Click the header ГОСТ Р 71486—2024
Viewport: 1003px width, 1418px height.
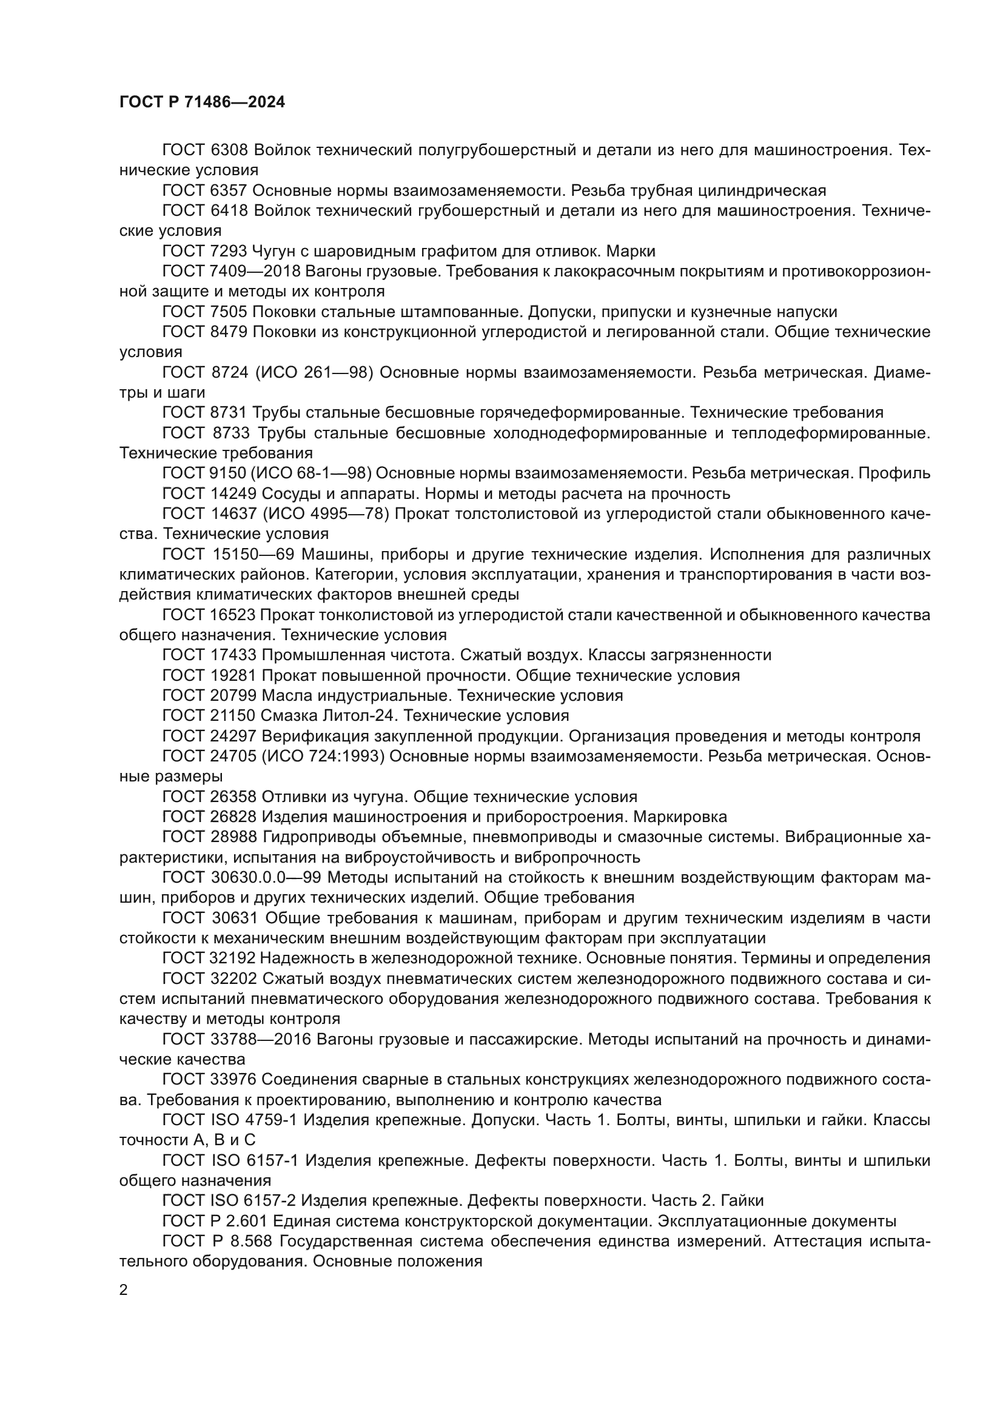[202, 102]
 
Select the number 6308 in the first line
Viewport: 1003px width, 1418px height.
[229, 150]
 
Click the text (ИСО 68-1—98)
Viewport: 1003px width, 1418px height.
[312, 473]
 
